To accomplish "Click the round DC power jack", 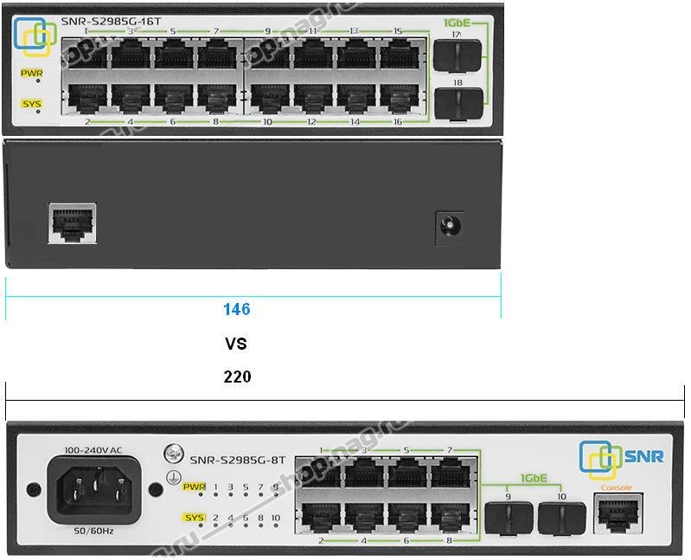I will pyautogui.click(x=450, y=228).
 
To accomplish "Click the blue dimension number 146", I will pyautogui.click(x=236, y=309).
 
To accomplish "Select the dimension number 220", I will pyautogui.click(x=237, y=377).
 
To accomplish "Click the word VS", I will pyautogui.click(x=236, y=344).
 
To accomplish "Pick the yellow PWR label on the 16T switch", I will pyautogui.click(x=32, y=74).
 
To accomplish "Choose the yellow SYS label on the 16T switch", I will pyautogui.click(x=32, y=104).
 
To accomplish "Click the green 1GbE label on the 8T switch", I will pyautogui.click(x=533, y=479).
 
